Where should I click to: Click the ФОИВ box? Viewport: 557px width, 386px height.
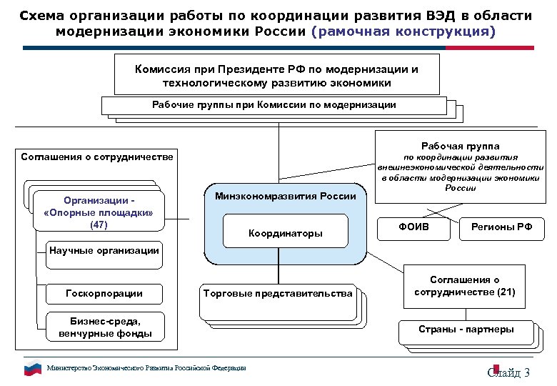413,227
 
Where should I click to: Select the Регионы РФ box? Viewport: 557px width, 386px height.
502,227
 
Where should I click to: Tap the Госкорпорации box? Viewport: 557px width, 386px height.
104,293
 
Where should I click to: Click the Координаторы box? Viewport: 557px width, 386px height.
285,233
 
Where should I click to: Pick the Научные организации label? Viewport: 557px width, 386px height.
104,251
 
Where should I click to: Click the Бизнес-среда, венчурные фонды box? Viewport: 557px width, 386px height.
104,326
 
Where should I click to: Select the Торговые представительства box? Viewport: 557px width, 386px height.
278,294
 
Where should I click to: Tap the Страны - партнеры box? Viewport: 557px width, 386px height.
466,330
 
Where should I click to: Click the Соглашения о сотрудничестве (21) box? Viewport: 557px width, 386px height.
464,286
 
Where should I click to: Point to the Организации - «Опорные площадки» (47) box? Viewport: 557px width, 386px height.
99,212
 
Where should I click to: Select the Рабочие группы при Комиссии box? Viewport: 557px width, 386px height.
274,105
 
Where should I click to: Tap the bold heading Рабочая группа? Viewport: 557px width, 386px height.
461,145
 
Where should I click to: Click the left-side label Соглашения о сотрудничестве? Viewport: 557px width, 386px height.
97,157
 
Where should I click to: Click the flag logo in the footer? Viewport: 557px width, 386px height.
33,369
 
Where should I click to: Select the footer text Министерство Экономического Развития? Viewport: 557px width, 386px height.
146,368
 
